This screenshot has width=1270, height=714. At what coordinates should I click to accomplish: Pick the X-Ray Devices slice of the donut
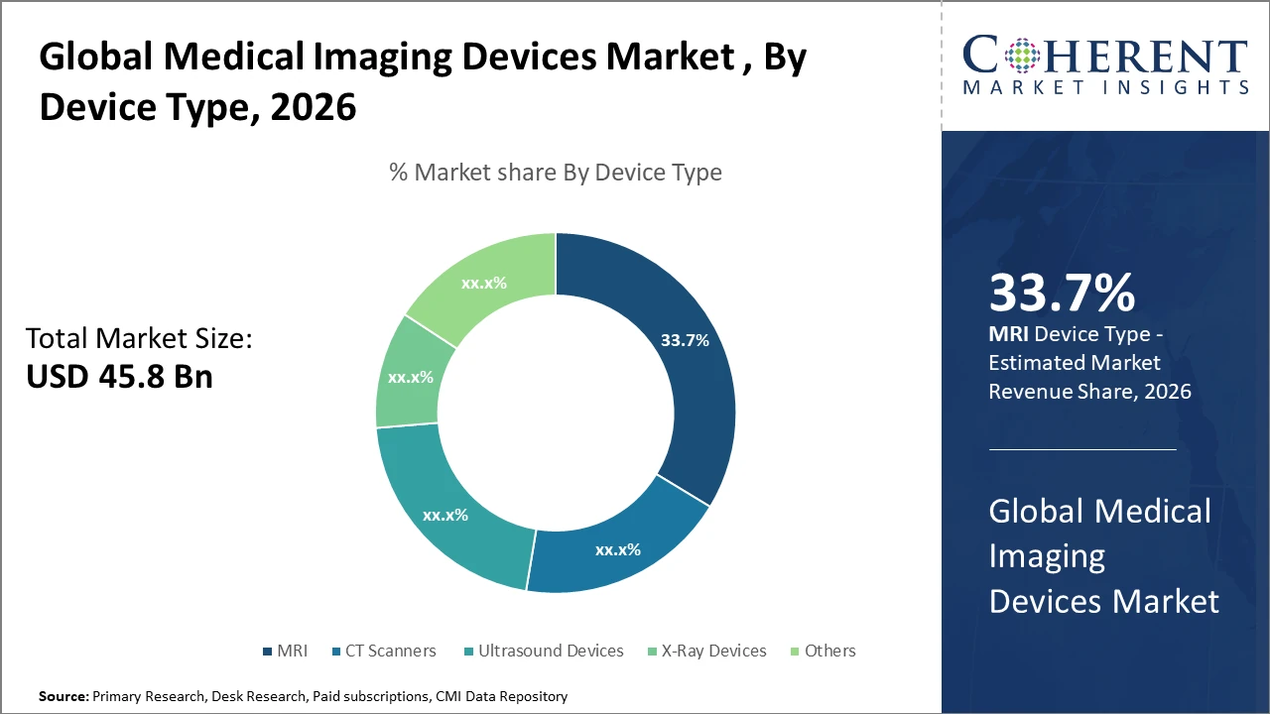[409, 377]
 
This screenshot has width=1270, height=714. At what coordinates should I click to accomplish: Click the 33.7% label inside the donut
[685, 340]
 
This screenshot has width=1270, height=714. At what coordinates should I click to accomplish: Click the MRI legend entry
[285, 652]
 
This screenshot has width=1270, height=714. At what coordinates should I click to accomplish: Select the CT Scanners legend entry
[390, 652]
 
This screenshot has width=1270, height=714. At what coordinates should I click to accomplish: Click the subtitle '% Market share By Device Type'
[556, 173]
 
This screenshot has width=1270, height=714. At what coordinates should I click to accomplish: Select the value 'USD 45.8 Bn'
[119, 377]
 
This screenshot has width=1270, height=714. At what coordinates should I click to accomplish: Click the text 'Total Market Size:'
[139, 339]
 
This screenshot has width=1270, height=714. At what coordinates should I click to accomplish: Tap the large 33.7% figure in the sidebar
[1061, 294]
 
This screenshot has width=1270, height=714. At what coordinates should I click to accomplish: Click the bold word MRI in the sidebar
[1008, 335]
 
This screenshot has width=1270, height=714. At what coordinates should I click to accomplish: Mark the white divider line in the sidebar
[1082, 449]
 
